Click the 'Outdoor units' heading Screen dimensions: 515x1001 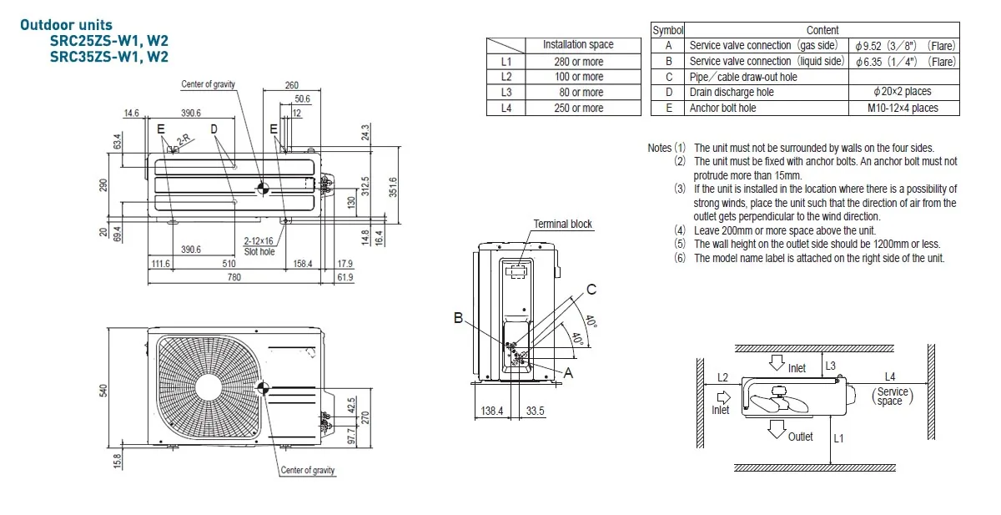coord(66,26)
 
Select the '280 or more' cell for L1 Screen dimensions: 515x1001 coord(578,61)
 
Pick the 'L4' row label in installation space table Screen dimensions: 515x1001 coord(506,108)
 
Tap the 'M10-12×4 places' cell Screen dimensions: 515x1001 coord(903,108)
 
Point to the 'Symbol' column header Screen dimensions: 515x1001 coord(667,30)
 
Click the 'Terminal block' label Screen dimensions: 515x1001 coord(562,224)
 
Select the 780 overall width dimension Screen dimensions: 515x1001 coord(234,277)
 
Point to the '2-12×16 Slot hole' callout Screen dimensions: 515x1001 coord(259,246)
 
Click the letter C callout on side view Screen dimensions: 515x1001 coord(591,290)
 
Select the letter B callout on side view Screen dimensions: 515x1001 coord(458,317)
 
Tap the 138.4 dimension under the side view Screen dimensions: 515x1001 coord(492,411)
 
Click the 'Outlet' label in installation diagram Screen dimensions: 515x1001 coord(800,437)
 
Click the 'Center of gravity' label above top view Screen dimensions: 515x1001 coord(208,84)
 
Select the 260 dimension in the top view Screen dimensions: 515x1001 coord(291,85)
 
